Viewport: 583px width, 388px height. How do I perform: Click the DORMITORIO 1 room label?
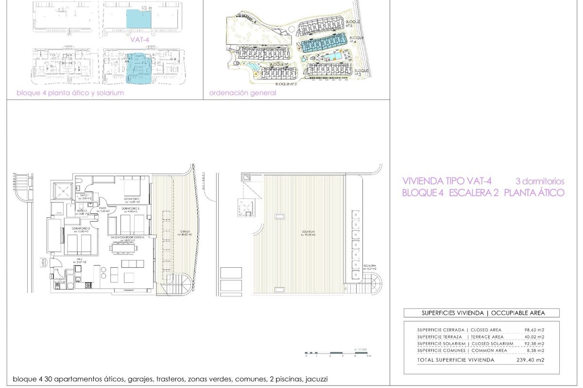pos(132,199)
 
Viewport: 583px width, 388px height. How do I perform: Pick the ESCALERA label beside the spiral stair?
pos(369,266)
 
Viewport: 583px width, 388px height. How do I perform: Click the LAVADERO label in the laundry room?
pos(60,279)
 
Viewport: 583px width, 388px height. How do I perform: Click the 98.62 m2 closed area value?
pos(534,330)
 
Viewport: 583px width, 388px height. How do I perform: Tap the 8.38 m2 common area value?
pos(535,350)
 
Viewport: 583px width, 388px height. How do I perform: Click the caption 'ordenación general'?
pos(242,93)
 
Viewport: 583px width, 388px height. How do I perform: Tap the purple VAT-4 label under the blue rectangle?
pos(139,41)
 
